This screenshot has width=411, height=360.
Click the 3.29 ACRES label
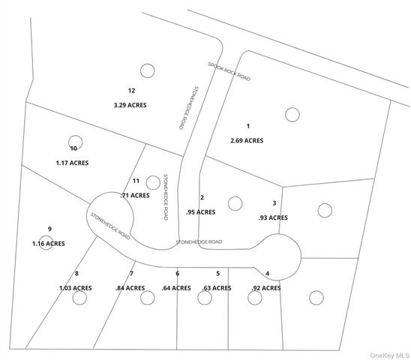pos(130,106)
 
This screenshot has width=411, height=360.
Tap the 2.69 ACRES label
pos(246,140)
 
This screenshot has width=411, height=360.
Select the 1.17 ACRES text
pos(72,162)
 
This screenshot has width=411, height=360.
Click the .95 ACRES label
pos(201,211)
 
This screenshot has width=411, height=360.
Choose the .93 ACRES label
pos(273,217)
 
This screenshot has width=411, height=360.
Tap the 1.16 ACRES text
pos(48,244)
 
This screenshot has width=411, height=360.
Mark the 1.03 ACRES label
pos(76,287)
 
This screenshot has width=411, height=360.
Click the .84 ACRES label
pos(130,287)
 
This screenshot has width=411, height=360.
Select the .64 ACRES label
pos(177,287)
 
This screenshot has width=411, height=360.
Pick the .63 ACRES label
pos(217,287)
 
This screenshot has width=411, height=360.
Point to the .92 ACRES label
pos(266,287)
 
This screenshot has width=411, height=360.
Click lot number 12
pos(131,91)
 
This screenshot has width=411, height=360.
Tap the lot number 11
pos(136,181)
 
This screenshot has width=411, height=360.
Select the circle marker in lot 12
pos(148,70)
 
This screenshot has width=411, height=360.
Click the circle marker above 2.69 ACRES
pos(292,115)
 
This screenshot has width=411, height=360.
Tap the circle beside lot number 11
pos(153,181)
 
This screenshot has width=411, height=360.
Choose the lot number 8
pos(76,273)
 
